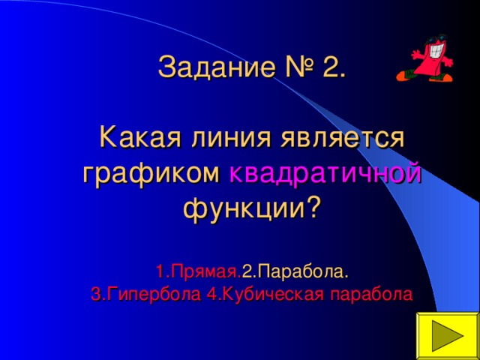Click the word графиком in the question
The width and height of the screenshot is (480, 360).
pos(151,174)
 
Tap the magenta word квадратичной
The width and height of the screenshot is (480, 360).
pos(325,174)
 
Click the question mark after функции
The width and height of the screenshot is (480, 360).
pos(310,207)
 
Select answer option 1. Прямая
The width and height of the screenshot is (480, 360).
pos(198,270)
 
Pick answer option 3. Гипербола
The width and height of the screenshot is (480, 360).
pos(145,293)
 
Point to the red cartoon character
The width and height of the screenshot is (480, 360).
pos(428,59)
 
